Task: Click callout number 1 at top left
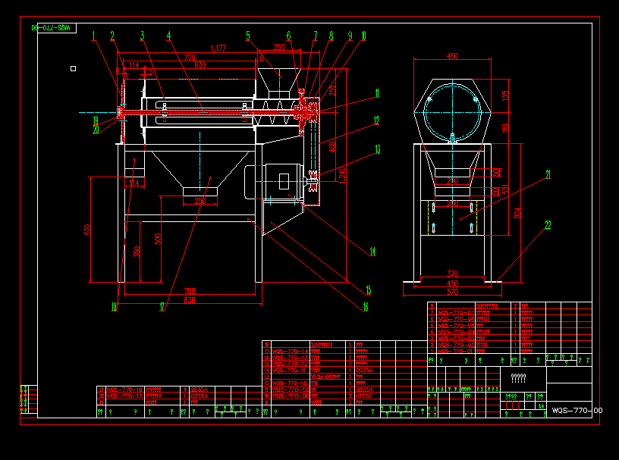pos(95,35)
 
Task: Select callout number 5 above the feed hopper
pos(248,35)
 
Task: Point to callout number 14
pos(372,252)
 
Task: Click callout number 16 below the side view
pos(366,307)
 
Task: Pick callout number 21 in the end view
pos(548,174)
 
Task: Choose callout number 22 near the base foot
pos(547,224)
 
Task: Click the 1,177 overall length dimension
pos(218,49)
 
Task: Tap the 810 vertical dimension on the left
pos(88,229)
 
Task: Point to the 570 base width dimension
pos(452,292)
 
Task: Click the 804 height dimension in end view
pos(517,213)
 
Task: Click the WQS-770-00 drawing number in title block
pos(577,410)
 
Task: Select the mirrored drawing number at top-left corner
pos(53,27)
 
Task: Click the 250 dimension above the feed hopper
pos(279,48)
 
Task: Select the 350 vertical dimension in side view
pos(136,251)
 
